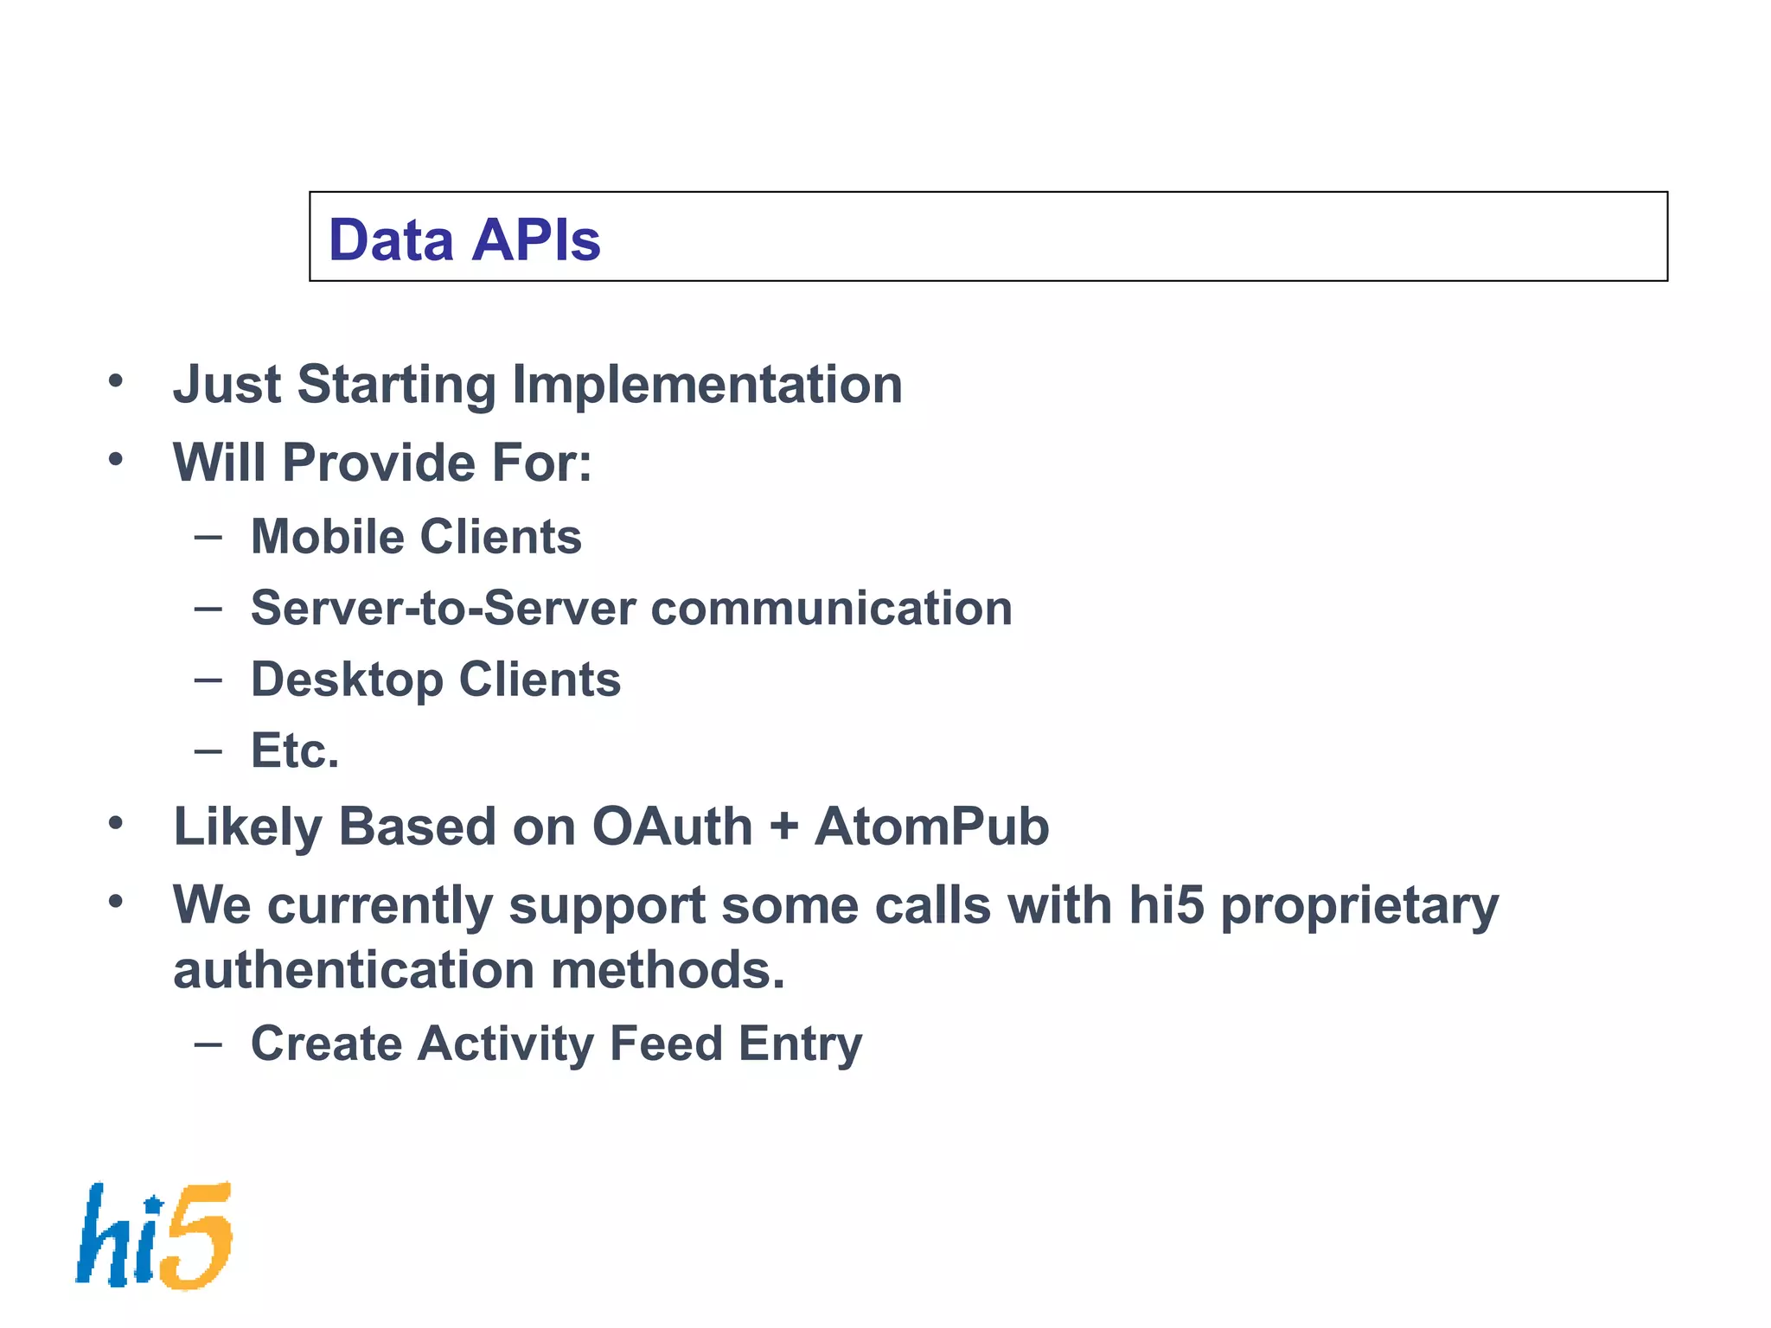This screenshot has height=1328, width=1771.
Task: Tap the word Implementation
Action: (707, 385)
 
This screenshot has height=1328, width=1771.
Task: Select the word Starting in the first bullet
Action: (396, 385)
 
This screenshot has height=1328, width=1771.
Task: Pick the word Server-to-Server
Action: (443, 608)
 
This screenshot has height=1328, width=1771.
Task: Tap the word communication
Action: (831, 608)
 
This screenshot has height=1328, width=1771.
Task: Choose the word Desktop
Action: (348, 680)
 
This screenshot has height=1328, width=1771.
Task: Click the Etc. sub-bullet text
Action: (295, 750)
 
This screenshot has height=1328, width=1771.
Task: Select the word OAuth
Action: (672, 827)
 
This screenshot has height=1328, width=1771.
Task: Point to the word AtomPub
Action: (931, 827)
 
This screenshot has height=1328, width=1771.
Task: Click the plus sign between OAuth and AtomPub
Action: (783, 827)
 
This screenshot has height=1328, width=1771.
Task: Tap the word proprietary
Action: (1359, 906)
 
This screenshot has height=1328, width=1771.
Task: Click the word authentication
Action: (354, 970)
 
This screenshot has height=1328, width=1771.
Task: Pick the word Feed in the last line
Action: (666, 1044)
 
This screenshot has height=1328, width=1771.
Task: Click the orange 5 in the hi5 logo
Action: (198, 1236)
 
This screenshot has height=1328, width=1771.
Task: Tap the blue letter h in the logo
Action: (104, 1236)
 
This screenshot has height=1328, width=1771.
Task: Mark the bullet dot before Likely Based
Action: (116, 824)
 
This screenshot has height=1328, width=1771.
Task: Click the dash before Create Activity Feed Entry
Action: (208, 1044)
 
